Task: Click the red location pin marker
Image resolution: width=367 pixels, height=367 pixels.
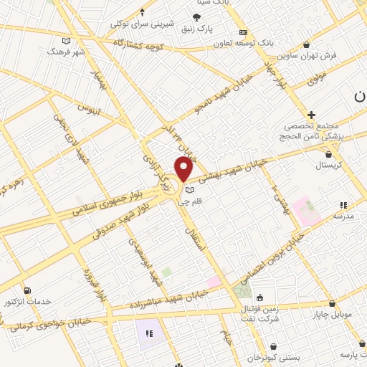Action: click(x=183, y=169)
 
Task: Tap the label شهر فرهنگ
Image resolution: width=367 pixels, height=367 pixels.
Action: click(x=66, y=52)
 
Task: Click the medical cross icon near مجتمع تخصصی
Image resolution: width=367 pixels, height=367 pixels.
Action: click(x=311, y=114)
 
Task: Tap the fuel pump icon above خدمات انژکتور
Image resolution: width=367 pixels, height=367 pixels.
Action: click(x=27, y=290)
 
